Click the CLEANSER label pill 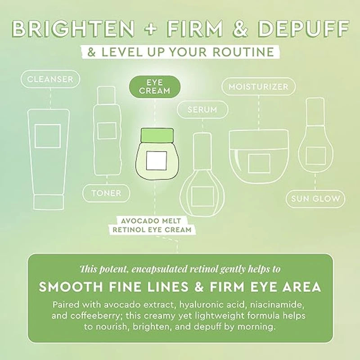pyautogui.click(x=50, y=79)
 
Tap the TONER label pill pyautogui.click(x=106, y=193)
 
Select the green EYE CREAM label pyautogui.click(x=154, y=87)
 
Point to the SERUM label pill pyautogui.click(x=202, y=109)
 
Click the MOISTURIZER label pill pyautogui.click(x=258, y=86)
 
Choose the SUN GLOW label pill pyautogui.click(x=315, y=199)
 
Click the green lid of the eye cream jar pyautogui.click(x=157, y=135)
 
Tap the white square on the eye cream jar pyautogui.click(x=157, y=161)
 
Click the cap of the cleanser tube pyautogui.click(x=48, y=202)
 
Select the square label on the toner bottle pyautogui.click(x=107, y=130)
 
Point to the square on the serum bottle pyautogui.click(x=202, y=196)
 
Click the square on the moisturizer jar pyautogui.click(x=259, y=163)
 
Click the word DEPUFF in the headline pyautogui.click(x=302, y=29)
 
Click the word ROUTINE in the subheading pyautogui.click(x=243, y=52)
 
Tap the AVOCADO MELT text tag pyautogui.click(x=151, y=221)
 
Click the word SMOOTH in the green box pyautogui.click(x=71, y=287)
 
